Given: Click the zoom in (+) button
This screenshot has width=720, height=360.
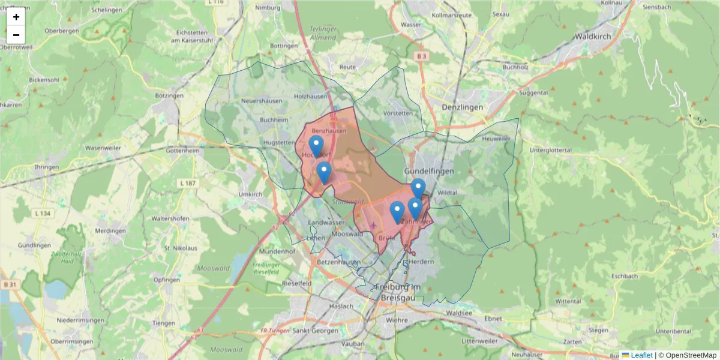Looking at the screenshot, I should tap(16, 17).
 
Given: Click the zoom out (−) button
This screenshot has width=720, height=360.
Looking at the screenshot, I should tap(16, 35).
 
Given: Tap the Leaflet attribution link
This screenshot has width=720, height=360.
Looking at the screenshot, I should tap(641, 355).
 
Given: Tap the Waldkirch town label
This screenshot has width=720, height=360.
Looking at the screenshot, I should tap(593, 36).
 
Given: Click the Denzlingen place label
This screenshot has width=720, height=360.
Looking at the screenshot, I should tap(462, 107).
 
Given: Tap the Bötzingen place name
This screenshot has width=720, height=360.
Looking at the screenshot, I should tap(169, 95).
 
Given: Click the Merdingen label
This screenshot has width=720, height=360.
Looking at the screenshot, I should tap(110, 231).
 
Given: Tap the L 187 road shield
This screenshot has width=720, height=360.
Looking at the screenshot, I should tap(188, 182).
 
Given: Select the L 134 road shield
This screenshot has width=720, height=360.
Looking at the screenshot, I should tap(42, 213).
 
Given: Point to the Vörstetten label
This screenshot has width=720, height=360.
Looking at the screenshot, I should tap(397, 113).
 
